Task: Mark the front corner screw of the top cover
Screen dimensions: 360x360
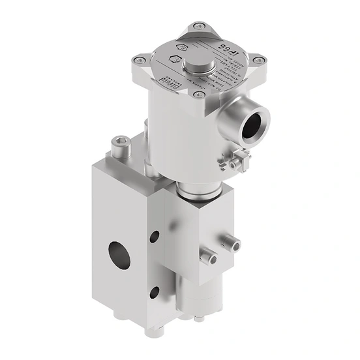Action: [x=199, y=96]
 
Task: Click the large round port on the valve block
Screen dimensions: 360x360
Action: [x=119, y=255]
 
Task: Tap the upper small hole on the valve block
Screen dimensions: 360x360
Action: [x=154, y=237]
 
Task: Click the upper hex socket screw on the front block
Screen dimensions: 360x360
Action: [x=232, y=244]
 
